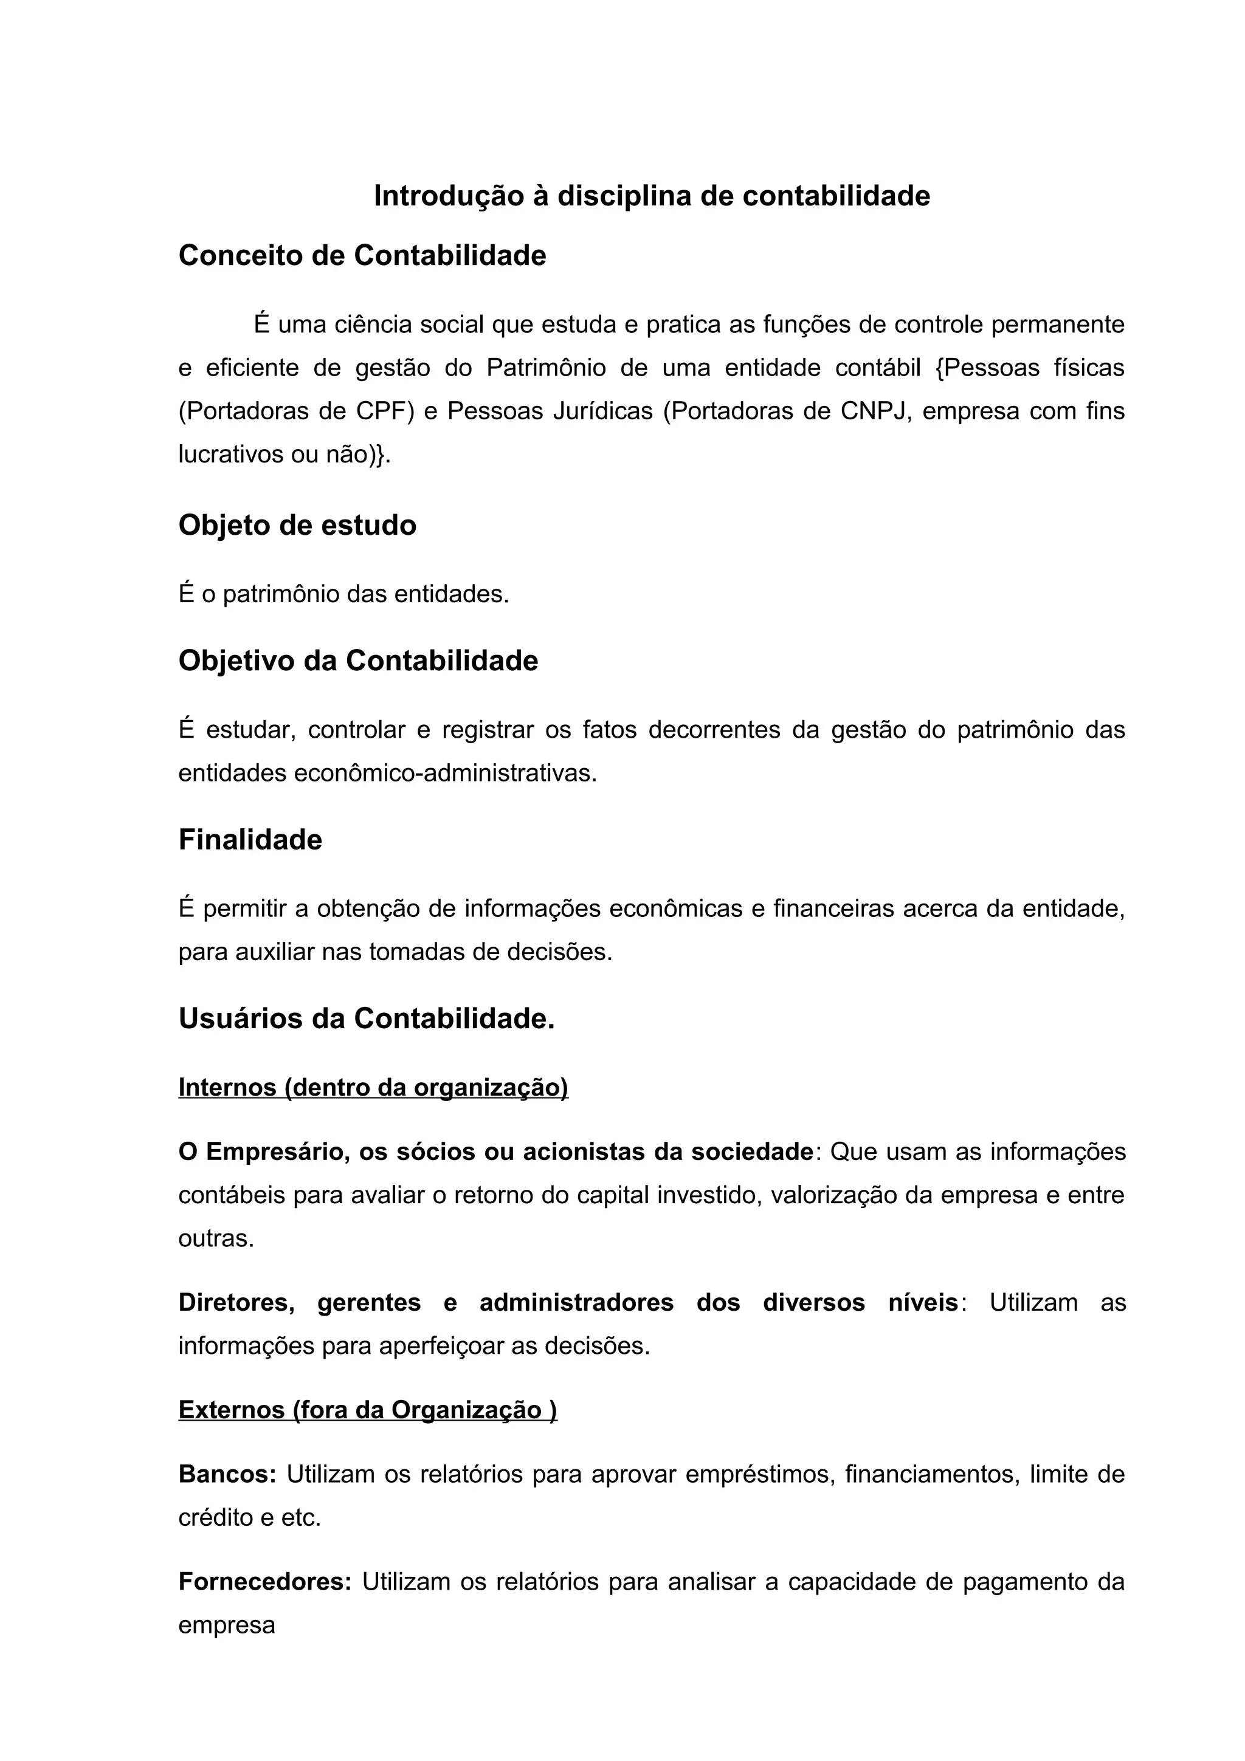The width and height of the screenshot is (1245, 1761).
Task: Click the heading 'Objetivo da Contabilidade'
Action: pyautogui.click(x=358, y=661)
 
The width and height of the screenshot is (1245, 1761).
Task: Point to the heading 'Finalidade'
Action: pyautogui.click(x=250, y=840)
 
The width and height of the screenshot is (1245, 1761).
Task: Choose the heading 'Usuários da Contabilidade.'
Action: pyautogui.click(x=366, y=1018)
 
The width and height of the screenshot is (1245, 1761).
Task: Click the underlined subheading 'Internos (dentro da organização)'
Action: pyautogui.click(x=373, y=1087)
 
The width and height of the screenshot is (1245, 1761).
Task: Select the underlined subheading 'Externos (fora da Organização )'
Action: pyautogui.click(x=367, y=1410)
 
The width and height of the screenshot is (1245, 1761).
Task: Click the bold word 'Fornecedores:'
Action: pyautogui.click(x=264, y=1582)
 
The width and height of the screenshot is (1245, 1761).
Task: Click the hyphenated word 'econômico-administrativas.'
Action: pyautogui.click(x=445, y=773)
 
